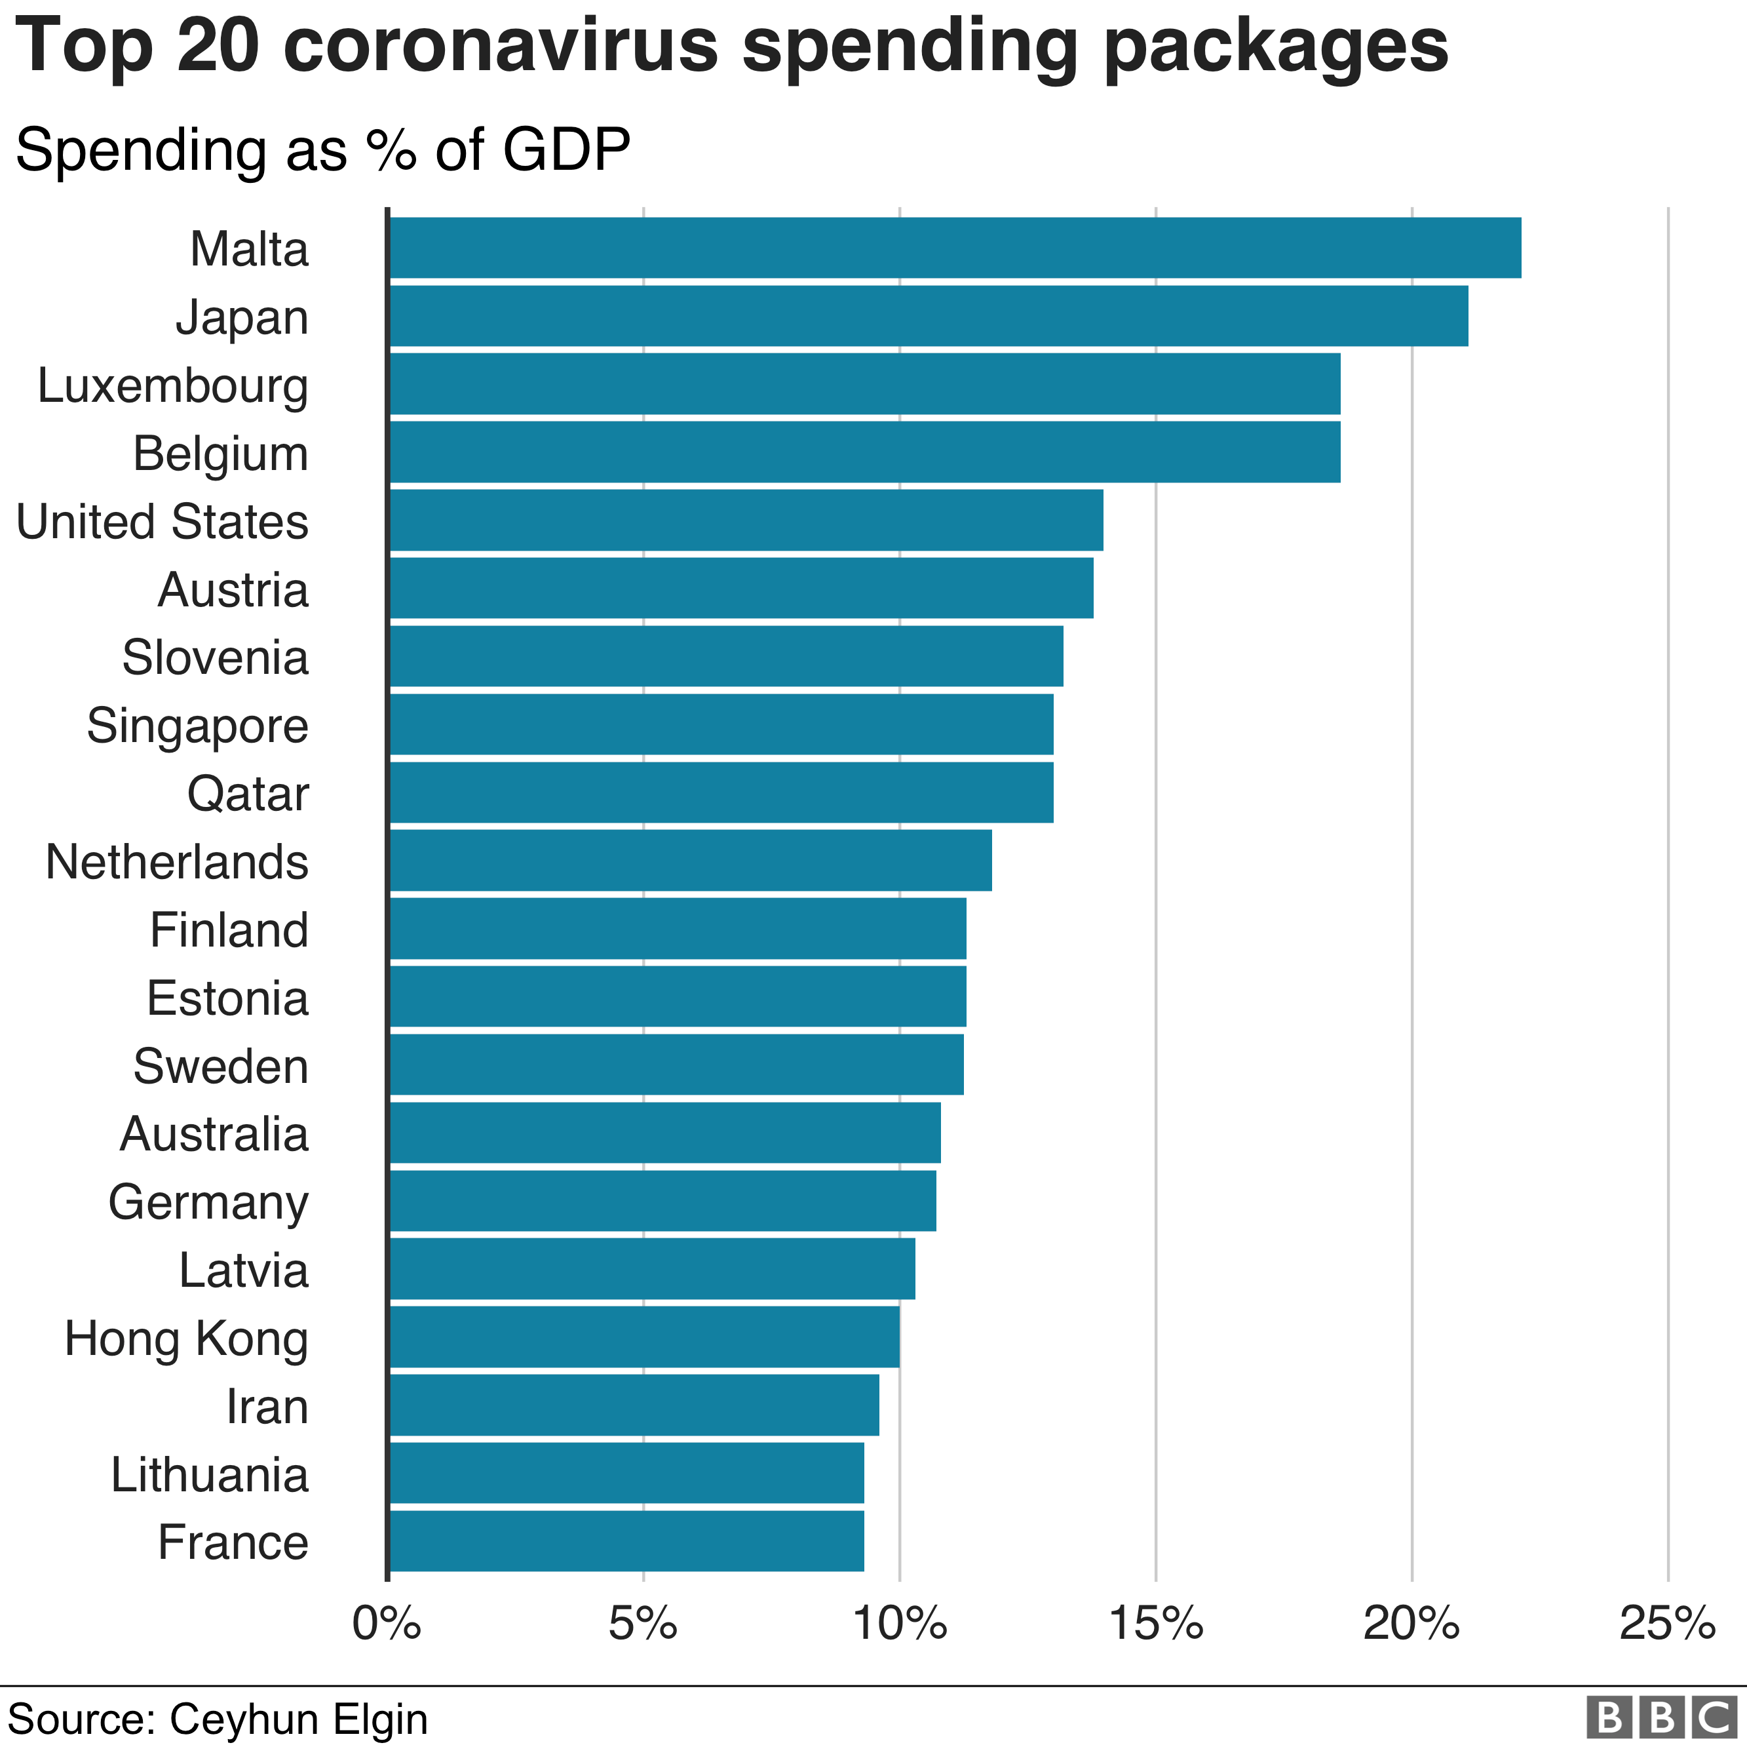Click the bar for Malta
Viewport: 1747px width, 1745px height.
tap(954, 247)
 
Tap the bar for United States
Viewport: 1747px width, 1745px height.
tap(745, 519)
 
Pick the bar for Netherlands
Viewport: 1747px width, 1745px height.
tap(690, 859)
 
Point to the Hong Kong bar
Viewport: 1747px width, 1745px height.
tap(644, 1336)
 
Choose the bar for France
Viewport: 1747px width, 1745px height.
tap(626, 1540)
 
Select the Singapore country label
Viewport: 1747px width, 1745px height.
tap(197, 726)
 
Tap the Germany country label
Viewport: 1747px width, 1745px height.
tap(208, 1202)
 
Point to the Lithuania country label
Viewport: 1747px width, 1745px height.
tap(209, 1474)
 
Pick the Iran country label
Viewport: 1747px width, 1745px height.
tap(267, 1407)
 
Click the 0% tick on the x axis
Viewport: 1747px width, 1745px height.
tap(387, 1624)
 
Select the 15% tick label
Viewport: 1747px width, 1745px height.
tap(1156, 1624)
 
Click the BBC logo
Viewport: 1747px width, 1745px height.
tap(1664, 1717)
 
